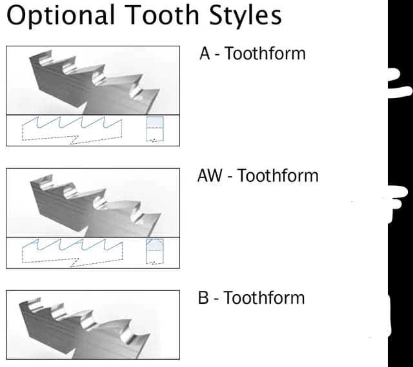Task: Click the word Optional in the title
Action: [61, 15]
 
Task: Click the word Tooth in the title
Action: [162, 15]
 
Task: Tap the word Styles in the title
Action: [245, 15]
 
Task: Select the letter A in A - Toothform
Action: [205, 53]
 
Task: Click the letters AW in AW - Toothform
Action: [210, 175]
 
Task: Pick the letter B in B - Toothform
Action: [203, 297]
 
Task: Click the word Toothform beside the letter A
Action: [265, 53]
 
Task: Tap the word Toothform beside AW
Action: [278, 175]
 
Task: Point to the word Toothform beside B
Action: [264, 297]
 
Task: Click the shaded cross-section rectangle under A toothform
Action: [155, 123]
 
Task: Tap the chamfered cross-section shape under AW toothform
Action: [155, 245]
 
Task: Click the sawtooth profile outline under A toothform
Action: [72, 123]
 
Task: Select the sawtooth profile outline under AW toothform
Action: [72, 245]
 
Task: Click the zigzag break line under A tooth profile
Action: [74, 141]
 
